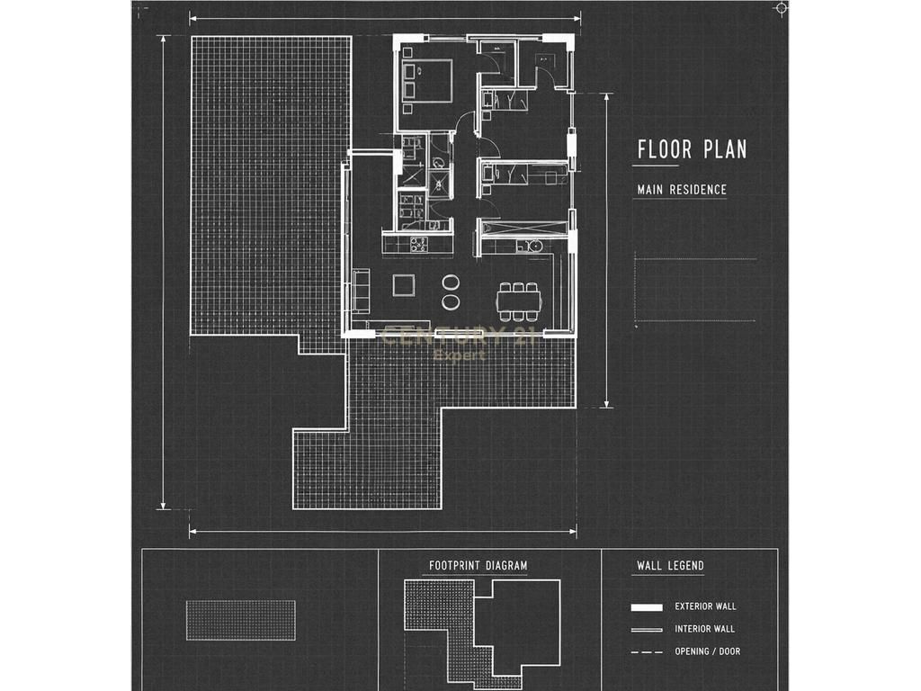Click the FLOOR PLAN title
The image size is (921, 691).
coord(692,149)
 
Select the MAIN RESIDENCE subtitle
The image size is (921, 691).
coord(682,190)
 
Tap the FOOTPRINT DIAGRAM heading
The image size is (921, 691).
coord(478,565)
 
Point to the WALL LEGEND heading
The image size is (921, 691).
coord(670,565)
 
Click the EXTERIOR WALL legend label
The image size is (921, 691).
coord(705,606)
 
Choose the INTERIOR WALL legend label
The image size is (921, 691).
coord(704,629)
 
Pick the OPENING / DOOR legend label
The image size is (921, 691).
coord(707,651)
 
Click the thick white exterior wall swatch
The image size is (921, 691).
coord(647,607)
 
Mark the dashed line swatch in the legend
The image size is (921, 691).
coord(647,651)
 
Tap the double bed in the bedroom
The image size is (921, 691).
coord(428,80)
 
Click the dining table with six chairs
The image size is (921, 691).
coord(518,301)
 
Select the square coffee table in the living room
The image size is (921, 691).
coord(404,285)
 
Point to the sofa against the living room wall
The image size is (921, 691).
coord(361,292)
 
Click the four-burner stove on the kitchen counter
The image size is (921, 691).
coord(417,244)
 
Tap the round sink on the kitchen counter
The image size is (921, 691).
coord(534,246)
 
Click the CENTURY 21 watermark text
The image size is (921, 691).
coord(458,337)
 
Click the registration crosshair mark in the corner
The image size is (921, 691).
coord(781,7)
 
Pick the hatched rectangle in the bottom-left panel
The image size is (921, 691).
coord(241,620)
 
